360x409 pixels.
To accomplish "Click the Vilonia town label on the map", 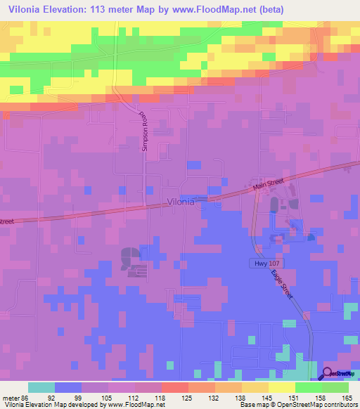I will [x=186, y=202].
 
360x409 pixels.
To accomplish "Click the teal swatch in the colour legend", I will [x=41, y=387].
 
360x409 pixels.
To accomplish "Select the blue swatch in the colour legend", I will [x=68, y=387].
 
